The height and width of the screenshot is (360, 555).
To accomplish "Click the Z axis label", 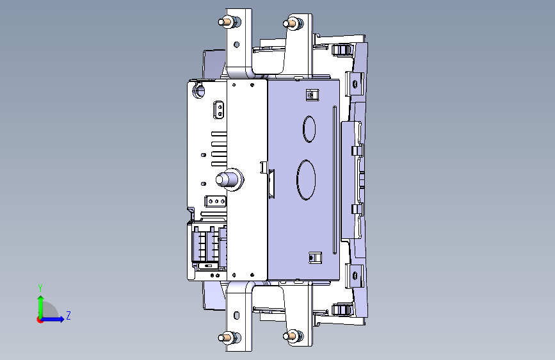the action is point(68,316).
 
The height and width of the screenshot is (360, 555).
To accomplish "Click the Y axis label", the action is point(40,288).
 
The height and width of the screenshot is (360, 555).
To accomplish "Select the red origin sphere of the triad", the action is point(40,319).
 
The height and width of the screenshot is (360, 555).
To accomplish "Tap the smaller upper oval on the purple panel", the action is point(309,128).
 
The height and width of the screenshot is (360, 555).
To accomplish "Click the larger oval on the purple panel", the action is point(306,179).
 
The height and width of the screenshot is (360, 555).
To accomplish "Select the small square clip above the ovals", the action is point(312,95).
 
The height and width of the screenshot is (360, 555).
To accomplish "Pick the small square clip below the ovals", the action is point(314,258).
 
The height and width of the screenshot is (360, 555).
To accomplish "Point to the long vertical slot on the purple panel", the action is point(334,179).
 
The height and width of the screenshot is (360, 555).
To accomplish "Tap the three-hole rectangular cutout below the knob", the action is point(214,200).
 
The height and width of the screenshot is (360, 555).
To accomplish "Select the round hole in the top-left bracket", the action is point(236,45).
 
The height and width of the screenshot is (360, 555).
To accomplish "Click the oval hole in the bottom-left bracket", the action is point(237,315).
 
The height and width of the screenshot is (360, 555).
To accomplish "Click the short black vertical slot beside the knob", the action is point(271,183).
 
